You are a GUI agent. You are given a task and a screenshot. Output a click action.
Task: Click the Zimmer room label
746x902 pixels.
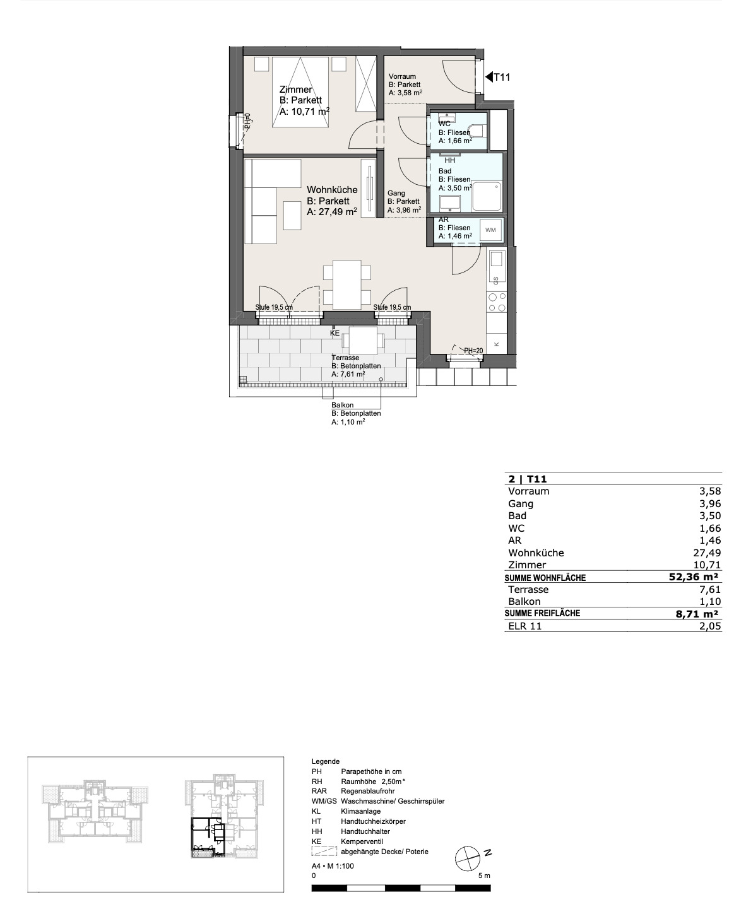pos(295,90)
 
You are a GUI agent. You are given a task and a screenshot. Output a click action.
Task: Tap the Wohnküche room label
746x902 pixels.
pos(332,190)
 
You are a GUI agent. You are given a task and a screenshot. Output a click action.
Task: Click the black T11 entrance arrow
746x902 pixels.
pos(489,78)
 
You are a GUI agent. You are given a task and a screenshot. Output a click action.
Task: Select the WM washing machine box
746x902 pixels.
pos(490,230)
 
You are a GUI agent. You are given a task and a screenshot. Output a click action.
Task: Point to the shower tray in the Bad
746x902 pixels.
pos(487,197)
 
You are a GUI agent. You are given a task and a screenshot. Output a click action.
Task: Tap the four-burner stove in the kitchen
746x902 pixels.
pos(497,302)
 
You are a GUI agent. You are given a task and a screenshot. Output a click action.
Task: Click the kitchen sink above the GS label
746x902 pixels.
pos(497,259)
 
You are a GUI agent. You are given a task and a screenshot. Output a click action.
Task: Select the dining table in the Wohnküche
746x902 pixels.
pos(347,284)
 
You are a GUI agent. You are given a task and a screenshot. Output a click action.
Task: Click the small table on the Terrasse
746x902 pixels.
pos(363,341)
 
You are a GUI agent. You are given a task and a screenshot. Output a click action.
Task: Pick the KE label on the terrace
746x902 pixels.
pos(335,333)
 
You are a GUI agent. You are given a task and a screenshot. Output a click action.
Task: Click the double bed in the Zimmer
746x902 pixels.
pos(300,92)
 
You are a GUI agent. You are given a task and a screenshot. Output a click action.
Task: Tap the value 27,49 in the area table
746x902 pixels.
pos(709,553)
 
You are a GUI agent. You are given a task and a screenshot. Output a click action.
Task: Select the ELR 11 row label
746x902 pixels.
pos(524,626)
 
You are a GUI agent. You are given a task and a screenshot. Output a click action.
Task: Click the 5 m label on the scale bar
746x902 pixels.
pos(484,876)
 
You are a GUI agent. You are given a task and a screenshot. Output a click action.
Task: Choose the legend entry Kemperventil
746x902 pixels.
pos(362,841)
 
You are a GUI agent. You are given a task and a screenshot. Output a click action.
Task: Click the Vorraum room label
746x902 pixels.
pos(402,76)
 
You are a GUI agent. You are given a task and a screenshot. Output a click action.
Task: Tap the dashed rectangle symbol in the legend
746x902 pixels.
pos(324,852)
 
